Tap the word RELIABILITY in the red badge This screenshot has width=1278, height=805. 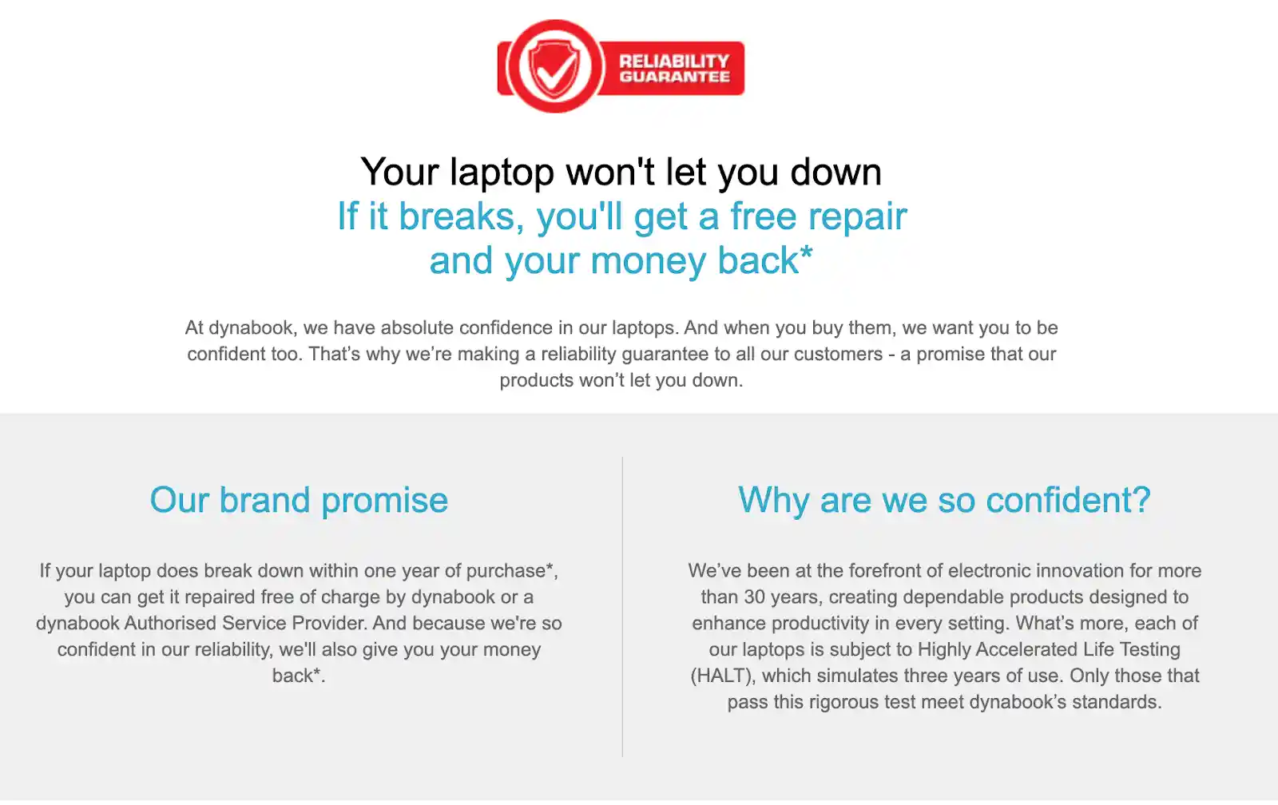click(x=674, y=61)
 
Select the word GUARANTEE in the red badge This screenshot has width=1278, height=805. click(x=674, y=77)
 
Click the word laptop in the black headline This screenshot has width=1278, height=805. click(x=502, y=173)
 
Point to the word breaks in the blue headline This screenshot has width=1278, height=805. click(x=461, y=216)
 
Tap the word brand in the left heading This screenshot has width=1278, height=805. click(x=264, y=500)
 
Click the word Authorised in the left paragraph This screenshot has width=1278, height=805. click(x=170, y=623)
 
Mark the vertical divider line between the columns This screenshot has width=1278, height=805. click(x=622, y=606)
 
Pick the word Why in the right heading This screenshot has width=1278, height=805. click(x=774, y=501)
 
